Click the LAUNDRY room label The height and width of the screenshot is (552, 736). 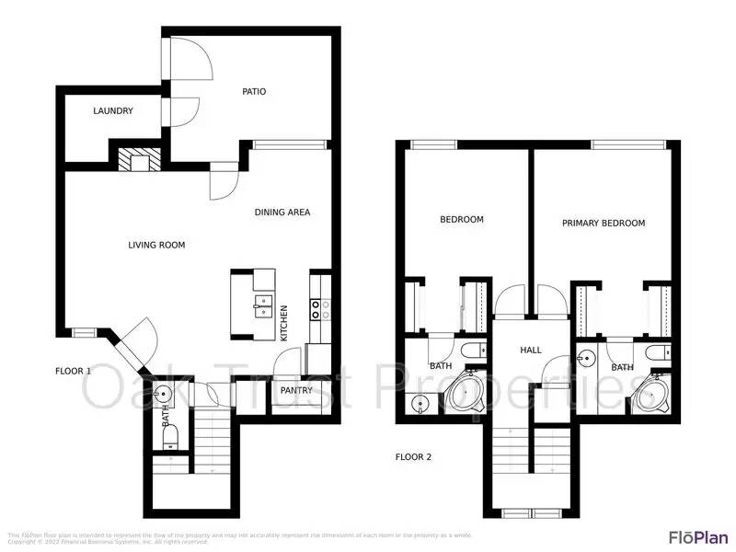[x=113, y=111]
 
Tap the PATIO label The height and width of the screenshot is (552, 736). [x=254, y=91]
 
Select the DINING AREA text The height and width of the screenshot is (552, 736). [x=282, y=213]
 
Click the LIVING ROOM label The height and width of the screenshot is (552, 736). [x=156, y=245]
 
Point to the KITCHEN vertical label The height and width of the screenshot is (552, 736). [x=284, y=323]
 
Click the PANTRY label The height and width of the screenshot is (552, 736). [x=297, y=390]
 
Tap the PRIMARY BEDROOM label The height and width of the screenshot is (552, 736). [x=604, y=223]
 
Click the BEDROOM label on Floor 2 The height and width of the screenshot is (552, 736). [x=461, y=220]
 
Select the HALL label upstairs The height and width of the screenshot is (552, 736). [x=531, y=351]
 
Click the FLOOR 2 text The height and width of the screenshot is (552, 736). [x=414, y=456]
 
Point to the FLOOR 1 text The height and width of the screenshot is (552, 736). [x=74, y=371]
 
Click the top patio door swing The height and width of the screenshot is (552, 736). [x=195, y=57]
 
